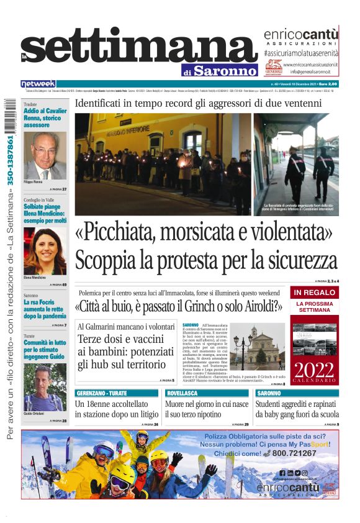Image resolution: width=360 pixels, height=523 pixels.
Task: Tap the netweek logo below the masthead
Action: click(38, 83)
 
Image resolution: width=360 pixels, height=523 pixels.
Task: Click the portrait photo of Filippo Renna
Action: click(45, 155)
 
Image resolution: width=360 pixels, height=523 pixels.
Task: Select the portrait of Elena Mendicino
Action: click(45, 251)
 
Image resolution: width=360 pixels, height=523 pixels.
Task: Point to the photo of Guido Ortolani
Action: click(45, 386)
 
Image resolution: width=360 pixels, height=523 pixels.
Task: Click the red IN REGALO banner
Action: click(314, 292)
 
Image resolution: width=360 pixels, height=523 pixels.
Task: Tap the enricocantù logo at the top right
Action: click(301, 36)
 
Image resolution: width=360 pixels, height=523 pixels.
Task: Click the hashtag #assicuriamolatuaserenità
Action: click(300, 54)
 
